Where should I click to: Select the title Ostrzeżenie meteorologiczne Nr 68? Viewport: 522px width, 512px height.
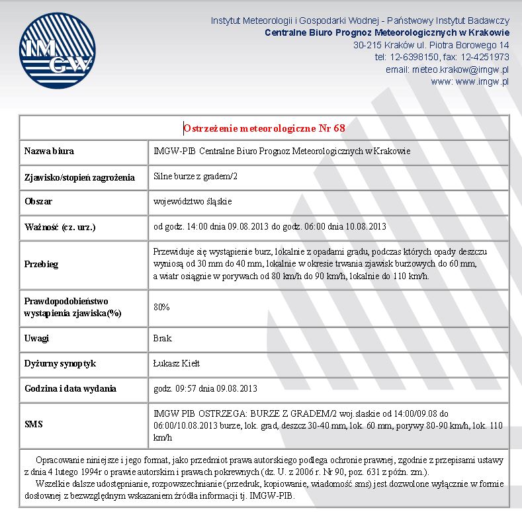coord(264,128)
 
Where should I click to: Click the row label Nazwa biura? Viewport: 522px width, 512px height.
coord(49,151)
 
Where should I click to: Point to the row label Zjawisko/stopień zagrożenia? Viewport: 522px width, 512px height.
coord(79,177)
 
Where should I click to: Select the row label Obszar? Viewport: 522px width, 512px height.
coord(38,201)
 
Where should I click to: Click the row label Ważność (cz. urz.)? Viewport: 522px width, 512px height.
coord(60,227)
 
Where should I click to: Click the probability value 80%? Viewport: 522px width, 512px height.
coord(161,308)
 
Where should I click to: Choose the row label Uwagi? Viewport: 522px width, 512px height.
coord(37,339)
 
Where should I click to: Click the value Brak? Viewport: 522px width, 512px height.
coord(162,339)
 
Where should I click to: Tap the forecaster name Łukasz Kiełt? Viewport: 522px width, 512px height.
coord(177,364)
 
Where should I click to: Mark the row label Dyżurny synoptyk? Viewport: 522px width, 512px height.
coord(61,364)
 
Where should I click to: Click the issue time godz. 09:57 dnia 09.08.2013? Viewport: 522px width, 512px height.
coord(205,388)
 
